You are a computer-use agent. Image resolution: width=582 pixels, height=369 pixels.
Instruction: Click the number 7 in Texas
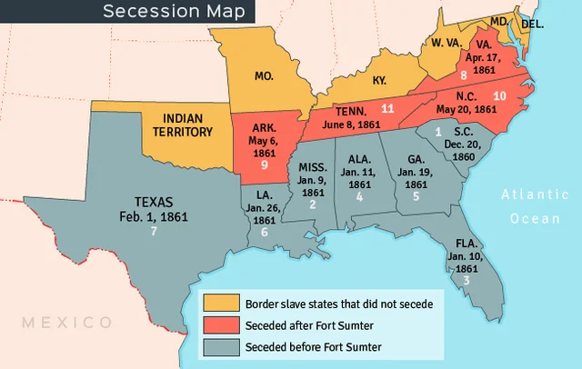click(155, 231)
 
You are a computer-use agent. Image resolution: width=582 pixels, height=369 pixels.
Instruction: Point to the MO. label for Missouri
click(264, 77)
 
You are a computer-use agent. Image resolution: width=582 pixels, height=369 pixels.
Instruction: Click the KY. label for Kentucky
click(380, 80)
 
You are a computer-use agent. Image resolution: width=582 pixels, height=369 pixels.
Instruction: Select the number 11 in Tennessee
click(387, 108)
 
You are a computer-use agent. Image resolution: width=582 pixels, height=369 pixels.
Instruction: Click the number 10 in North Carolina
click(499, 95)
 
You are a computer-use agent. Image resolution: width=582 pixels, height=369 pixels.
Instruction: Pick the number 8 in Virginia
click(464, 75)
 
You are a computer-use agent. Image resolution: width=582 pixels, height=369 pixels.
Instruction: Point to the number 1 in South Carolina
click(438, 132)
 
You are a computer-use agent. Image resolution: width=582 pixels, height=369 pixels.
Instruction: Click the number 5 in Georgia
click(416, 195)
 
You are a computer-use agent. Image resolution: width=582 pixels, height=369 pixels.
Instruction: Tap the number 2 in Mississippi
click(313, 204)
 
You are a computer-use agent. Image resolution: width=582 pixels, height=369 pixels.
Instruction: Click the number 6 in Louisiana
click(265, 232)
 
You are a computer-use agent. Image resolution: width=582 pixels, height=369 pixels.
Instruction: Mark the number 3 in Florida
click(467, 280)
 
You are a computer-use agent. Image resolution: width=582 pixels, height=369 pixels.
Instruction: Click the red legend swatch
click(220, 324)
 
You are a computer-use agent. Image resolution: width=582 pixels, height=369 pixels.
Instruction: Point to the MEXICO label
click(67, 323)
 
